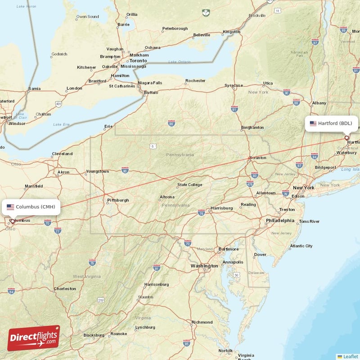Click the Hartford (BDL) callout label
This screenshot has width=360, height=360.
pyautogui.click(x=332, y=123)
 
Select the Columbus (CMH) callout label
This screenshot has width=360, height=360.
pyautogui.click(x=31, y=207)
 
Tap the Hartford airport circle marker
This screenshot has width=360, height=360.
pyautogui.click(x=346, y=138)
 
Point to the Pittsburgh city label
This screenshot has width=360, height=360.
pyautogui.click(x=118, y=200)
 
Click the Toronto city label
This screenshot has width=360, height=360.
pyautogui.click(x=138, y=61)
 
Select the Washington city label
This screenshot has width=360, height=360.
pyautogui.click(x=204, y=266)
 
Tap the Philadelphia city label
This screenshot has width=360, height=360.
pyautogui.click(x=279, y=220)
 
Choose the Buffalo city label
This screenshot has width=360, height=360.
pyautogui.click(x=151, y=93)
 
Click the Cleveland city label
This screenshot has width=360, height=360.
pyautogui.click(x=62, y=154)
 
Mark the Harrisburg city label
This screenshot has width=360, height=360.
pyautogui.click(x=221, y=208)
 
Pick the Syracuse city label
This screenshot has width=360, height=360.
pyautogui.click(x=234, y=85)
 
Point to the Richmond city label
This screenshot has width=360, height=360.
pyautogui.click(x=202, y=322)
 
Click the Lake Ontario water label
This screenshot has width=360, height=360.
pyautogui.click(x=179, y=62)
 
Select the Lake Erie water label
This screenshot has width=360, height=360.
pyautogui.click(x=62, y=124)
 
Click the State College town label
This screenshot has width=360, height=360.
pyautogui.click(x=189, y=184)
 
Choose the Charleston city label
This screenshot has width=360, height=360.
pyautogui.click(x=65, y=289)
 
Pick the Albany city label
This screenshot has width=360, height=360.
pyautogui.click(x=319, y=103)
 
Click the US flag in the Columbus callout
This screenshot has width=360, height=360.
pyautogui.click(x=10, y=207)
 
